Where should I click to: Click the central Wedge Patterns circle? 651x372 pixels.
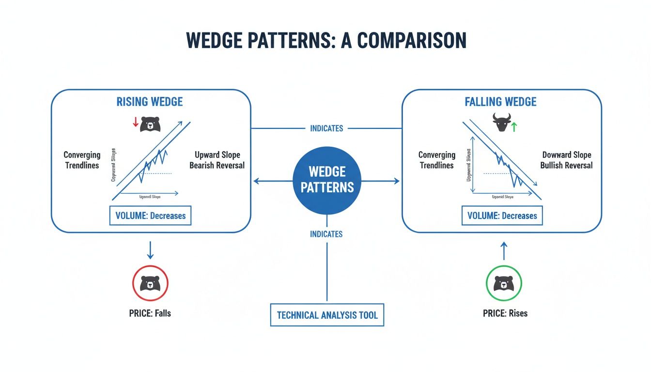pyautogui.click(x=326, y=180)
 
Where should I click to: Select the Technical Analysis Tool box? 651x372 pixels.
pyautogui.click(x=326, y=315)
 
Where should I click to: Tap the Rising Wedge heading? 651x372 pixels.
pyautogui.click(x=150, y=102)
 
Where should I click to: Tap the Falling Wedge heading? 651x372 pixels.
pyautogui.click(x=500, y=102)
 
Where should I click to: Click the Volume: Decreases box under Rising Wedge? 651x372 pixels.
pyautogui.click(x=150, y=216)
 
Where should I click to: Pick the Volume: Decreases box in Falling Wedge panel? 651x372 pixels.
pyautogui.click(x=502, y=216)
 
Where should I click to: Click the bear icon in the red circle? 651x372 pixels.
pyautogui.click(x=150, y=283)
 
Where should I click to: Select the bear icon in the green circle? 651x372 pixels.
pyautogui.click(x=503, y=283)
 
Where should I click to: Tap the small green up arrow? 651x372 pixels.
pyautogui.click(x=514, y=127)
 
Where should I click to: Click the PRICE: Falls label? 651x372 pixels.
pyautogui.click(x=150, y=313)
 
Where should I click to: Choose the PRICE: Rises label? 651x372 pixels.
pyautogui.click(x=505, y=313)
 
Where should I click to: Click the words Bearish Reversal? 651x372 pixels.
pyautogui.click(x=217, y=166)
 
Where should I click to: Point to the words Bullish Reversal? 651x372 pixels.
pyautogui.click(x=566, y=166)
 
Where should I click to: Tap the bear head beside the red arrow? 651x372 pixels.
pyautogui.click(x=150, y=124)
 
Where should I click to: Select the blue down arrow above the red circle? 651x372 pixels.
pyautogui.click(x=150, y=250)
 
